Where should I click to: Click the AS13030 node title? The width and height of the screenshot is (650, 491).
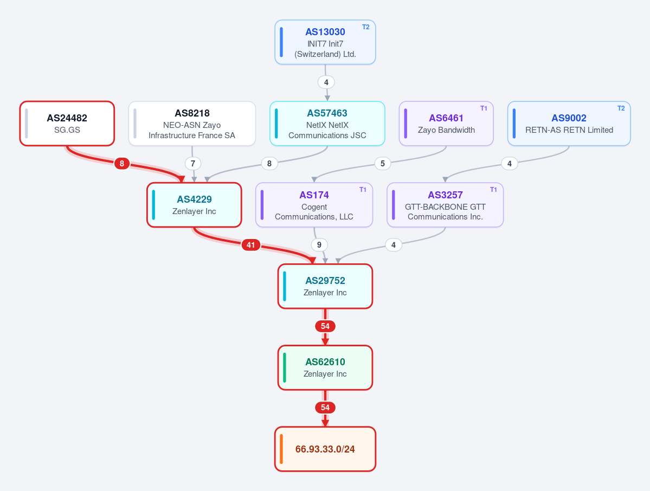(x=325, y=32)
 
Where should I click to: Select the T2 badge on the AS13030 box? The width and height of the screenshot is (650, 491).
(x=365, y=27)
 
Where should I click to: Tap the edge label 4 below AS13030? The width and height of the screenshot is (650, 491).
(x=326, y=82)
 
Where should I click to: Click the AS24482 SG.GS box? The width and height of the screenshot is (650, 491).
(x=67, y=124)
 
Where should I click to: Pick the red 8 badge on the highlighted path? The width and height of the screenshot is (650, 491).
(x=122, y=163)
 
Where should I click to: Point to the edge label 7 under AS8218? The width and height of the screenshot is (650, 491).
(x=193, y=163)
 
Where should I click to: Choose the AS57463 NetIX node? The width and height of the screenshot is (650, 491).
(x=327, y=124)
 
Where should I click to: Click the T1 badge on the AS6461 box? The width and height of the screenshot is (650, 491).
(x=484, y=108)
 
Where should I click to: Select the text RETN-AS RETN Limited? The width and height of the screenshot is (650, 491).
(x=569, y=130)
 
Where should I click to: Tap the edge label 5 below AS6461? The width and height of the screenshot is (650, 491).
(x=383, y=163)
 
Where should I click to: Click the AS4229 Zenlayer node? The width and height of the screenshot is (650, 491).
(x=195, y=205)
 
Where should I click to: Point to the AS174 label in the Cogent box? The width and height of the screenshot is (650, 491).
(x=314, y=195)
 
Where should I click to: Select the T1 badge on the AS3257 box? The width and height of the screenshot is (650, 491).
(x=493, y=189)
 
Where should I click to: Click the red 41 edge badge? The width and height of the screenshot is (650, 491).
(x=251, y=245)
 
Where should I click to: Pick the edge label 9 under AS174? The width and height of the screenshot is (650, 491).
(x=319, y=245)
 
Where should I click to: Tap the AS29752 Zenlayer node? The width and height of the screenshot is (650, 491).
(x=325, y=286)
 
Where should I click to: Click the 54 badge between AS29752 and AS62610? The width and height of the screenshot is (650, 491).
(x=325, y=326)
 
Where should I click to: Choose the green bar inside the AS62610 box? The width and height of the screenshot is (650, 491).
(x=285, y=367)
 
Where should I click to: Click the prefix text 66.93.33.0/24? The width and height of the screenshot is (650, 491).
(x=325, y=449)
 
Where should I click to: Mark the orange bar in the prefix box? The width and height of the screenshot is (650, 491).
(x=281, y=449)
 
